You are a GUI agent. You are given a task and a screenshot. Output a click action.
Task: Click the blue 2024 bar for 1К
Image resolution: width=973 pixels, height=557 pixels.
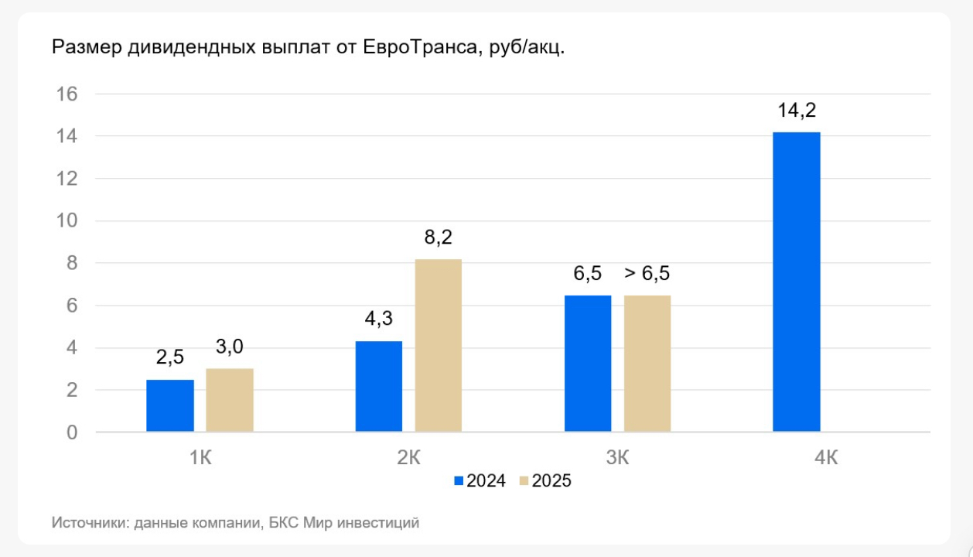(x=170, y=405)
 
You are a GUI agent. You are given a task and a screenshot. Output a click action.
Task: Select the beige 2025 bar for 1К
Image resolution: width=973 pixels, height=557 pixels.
(x=230, y=400)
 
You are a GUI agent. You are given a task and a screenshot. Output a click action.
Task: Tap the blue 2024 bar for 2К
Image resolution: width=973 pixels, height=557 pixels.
(x=379, y=386)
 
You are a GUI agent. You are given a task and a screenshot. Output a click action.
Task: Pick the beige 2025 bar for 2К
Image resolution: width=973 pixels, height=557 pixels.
(x=439, y=345)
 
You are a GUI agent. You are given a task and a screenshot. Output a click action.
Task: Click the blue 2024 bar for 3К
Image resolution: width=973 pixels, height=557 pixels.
(x=588, y=363)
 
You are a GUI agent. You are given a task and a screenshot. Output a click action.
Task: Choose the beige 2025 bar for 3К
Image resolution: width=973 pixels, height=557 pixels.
(x=647, y=363)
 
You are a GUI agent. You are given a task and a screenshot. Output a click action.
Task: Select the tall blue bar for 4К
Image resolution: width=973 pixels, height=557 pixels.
(x=797, y=282)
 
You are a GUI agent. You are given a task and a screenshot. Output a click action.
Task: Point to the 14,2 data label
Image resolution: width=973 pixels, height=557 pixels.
(x=797, y=111)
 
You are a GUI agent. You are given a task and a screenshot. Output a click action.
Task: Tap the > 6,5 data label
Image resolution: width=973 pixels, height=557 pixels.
(x=647, y=274)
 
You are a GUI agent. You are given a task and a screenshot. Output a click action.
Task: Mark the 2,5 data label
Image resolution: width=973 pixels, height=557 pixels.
(x=170, y=358)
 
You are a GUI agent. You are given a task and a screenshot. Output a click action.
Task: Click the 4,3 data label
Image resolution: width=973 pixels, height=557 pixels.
(x=379, y=320)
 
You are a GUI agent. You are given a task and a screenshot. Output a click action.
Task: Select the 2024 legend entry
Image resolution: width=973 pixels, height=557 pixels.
(x=480, y=481)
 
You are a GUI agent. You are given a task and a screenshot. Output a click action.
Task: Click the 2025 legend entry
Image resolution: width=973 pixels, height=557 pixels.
(x=546, y=481)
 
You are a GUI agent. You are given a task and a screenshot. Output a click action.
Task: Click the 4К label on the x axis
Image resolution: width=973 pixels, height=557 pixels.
(x=826, y=457)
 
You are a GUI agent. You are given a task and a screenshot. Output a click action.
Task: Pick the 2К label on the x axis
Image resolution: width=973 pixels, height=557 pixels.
(x=408, y=457)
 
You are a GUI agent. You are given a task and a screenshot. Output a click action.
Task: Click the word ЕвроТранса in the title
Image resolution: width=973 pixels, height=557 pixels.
(x=414, y=47)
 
